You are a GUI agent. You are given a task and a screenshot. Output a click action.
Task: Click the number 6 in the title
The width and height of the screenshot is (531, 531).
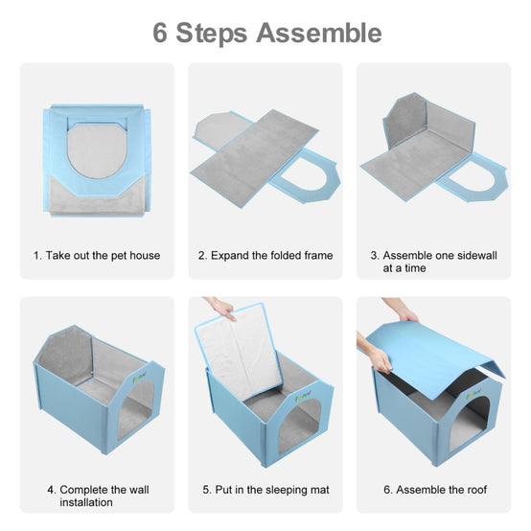(x=160, y=33)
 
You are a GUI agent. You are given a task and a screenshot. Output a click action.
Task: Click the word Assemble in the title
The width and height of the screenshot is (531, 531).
(x=319, y=33)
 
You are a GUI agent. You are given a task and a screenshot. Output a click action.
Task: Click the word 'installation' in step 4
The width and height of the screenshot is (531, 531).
(x=86, y=502)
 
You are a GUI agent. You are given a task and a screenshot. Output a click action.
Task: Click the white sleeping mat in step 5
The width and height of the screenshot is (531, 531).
(x=239, y=351)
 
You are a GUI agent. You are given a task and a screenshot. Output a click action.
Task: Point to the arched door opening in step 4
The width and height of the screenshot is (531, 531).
(x=135, y=410)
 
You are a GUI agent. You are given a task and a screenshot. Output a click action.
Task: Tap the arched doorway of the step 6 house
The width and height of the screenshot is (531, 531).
(x=469, y=424)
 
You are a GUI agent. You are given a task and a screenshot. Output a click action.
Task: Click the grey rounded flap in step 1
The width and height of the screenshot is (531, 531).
(x=97, y=151)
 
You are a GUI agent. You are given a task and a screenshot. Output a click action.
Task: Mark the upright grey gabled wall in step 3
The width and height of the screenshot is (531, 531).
(x=404, y=120)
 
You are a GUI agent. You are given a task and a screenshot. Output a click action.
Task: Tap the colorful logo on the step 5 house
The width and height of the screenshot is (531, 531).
(x=303, y=397)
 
